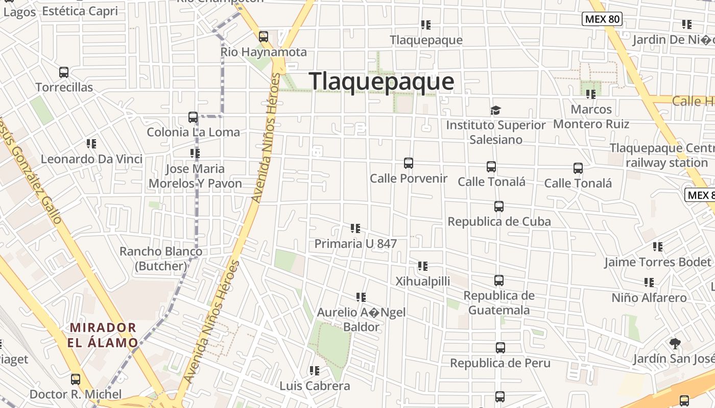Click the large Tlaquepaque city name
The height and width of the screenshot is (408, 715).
(x=381, y=82)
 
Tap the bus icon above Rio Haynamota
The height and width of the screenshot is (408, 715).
(x=264, y=37)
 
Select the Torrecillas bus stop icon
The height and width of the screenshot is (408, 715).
(x=64, y=72)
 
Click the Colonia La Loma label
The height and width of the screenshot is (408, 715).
(x=193, y=132)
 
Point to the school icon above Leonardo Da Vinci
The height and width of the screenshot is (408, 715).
(x=91, y=144)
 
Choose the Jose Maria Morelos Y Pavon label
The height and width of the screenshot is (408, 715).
(x=195, y=176)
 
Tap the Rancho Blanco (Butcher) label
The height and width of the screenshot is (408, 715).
(x=161, y=259)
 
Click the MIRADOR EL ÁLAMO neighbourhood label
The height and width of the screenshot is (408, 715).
(x=103, y=335)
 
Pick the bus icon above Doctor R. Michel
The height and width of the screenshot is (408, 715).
(x=76, y=379)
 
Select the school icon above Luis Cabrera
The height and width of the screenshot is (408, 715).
(x=315, y=371)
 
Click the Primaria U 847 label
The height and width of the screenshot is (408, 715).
(x=355, y=244)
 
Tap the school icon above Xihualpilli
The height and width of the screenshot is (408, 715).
(x=423, y=266)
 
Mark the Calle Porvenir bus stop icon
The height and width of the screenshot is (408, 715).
(x=409, y=163)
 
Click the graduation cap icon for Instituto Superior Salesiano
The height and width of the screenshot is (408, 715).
(x=495, y=110)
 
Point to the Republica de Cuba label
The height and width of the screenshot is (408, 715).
(x=499, y=221)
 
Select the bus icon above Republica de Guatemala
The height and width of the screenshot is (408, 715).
(x=499, y=280)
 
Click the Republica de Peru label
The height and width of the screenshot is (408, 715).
(x=500, y=363)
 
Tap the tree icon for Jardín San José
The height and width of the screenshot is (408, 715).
(x=675, y=343)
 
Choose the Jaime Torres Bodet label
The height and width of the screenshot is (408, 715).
(x=658, y=262)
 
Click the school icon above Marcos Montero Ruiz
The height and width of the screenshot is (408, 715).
(x=591, y=94)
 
